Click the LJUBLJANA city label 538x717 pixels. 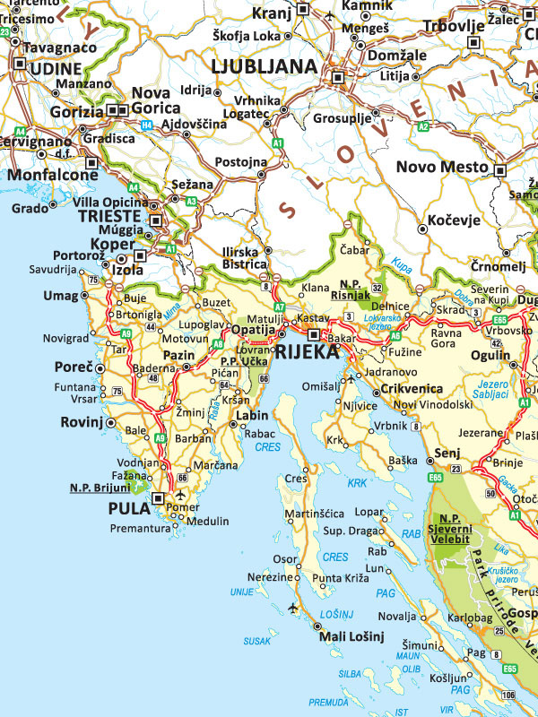click(x=264, y=66)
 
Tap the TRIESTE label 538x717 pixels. click(x=109, y=217)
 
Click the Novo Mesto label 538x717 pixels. click(x=442, y=167)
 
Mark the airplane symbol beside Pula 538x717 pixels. click(x=182, y=495)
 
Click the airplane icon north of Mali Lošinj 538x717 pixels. click(x=292, y=609)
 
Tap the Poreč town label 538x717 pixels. click(x=74, y=367)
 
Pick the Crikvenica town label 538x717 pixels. click(x=412, y=388)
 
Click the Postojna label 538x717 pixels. click(x=240, y=162)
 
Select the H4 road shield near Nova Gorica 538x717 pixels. click(x=145, y=125)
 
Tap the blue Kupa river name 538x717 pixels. click(x=401, y=268)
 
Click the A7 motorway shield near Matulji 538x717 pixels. click(x=279, y=307)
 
